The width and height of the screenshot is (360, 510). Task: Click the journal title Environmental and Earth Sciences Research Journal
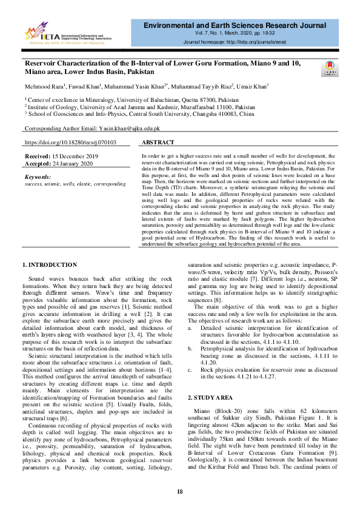[x=242, y=25]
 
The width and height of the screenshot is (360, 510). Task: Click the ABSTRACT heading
[x=159, y=143]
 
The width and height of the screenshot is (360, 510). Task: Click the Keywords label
[x=38, y=176]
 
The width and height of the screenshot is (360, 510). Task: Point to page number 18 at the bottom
[x=179, y=491]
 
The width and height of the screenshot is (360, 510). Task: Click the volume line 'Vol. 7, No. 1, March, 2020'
[x=242, y=35]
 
